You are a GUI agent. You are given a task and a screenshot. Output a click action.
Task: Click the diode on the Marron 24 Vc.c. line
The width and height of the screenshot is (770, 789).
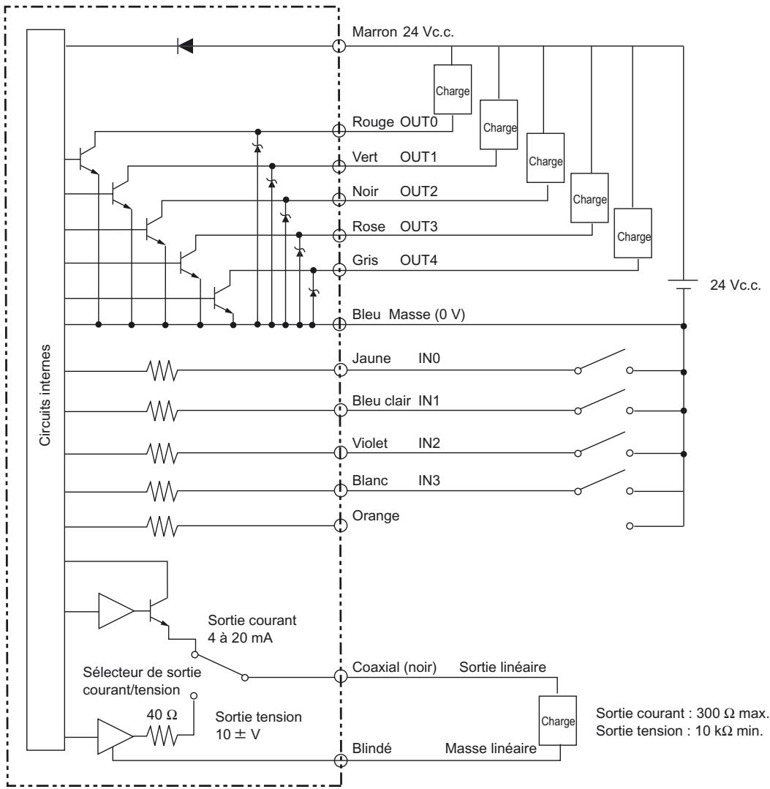tap(186, 47)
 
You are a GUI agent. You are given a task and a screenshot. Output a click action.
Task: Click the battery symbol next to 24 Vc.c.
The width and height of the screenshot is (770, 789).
tap(683, 287)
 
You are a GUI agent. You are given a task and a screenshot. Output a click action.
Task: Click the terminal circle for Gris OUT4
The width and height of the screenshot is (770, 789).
tap(339, 269)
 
